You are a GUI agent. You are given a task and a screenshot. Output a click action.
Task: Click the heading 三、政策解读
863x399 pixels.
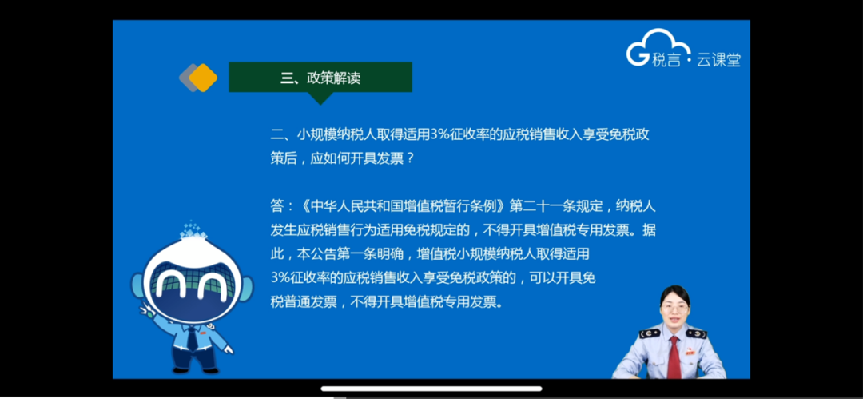coord(320,78)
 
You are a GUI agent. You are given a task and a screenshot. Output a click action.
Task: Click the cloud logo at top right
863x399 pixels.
coord(658,47)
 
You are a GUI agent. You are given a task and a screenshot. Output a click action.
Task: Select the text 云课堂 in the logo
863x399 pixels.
coord(719,59)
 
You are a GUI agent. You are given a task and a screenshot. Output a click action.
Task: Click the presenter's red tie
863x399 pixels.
coord(674,357)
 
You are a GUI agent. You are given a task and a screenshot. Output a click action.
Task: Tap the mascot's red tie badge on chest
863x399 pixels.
coord(202,333)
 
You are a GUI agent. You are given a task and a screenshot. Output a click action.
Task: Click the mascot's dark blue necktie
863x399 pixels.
coord(192,338)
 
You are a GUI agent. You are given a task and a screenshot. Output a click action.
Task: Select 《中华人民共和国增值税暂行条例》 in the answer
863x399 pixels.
coord(403,206)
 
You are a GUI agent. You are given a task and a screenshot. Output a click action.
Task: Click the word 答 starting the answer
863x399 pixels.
coord(276,206)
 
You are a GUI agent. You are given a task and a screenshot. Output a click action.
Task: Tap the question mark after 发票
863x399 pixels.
coord(408,158)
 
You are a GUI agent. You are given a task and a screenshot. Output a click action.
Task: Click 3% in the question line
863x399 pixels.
coord(440,135)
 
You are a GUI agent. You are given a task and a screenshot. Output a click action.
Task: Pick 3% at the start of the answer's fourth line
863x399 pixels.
coord(280,278)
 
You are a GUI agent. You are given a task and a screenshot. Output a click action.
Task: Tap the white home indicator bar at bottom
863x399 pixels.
coord(431,389)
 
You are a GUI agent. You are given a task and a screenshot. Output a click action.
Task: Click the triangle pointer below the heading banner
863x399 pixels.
coord(320,98)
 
